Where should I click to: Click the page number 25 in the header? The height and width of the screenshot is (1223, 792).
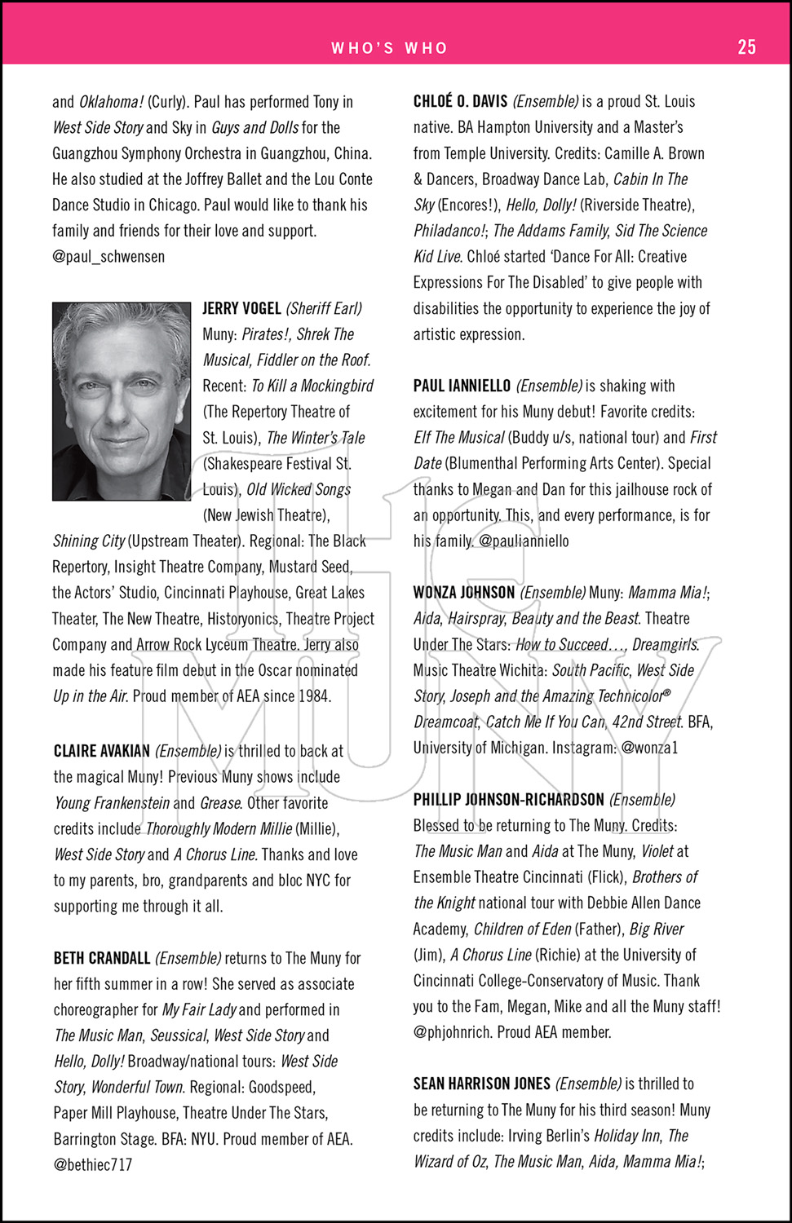pyautogui.click(x=746, y=47)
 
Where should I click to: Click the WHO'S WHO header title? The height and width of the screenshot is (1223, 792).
pyautogui.click(x=389, y=48)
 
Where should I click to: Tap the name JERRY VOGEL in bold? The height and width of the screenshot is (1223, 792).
pyautogui.click(x=241, y=308)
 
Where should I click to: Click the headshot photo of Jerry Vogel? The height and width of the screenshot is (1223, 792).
pyautogui.click(x=122, y=401)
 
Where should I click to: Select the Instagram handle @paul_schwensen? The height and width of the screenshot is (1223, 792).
pyautogui.click(x=108, y=257)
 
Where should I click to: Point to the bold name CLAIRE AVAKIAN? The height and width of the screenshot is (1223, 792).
pyautogui.click(x=102, y=751)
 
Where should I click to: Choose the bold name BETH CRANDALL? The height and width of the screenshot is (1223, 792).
pyautogui.click(x=102, y=958)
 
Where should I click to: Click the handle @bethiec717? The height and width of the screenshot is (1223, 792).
pyautogui.click(x=93, y=1165)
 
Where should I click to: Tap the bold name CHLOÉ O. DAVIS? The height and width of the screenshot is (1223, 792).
pyautogui.click(x=460, y=102)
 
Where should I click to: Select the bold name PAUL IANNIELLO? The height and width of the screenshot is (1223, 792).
pyautogui.click(x=462, y=386)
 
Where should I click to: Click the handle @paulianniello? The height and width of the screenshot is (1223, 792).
pyautogui.click(x=524, y=541)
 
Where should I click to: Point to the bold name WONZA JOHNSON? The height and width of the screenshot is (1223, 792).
pyautogui.click(x=464, y=593)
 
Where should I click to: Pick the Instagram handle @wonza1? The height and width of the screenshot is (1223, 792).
pyautogui.click(x=649, y=748)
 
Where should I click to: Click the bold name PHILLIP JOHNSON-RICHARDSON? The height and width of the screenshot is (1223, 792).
pyautogui.click(x=508, y=800)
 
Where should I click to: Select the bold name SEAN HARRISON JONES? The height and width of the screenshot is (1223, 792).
pyautogui.click(x=481, y=1084)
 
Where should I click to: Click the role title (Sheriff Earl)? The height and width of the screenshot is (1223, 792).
pyautogui.click(x=324, y=308)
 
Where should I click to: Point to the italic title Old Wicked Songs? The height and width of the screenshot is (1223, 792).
pyautogui.click(x=299, y=490)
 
